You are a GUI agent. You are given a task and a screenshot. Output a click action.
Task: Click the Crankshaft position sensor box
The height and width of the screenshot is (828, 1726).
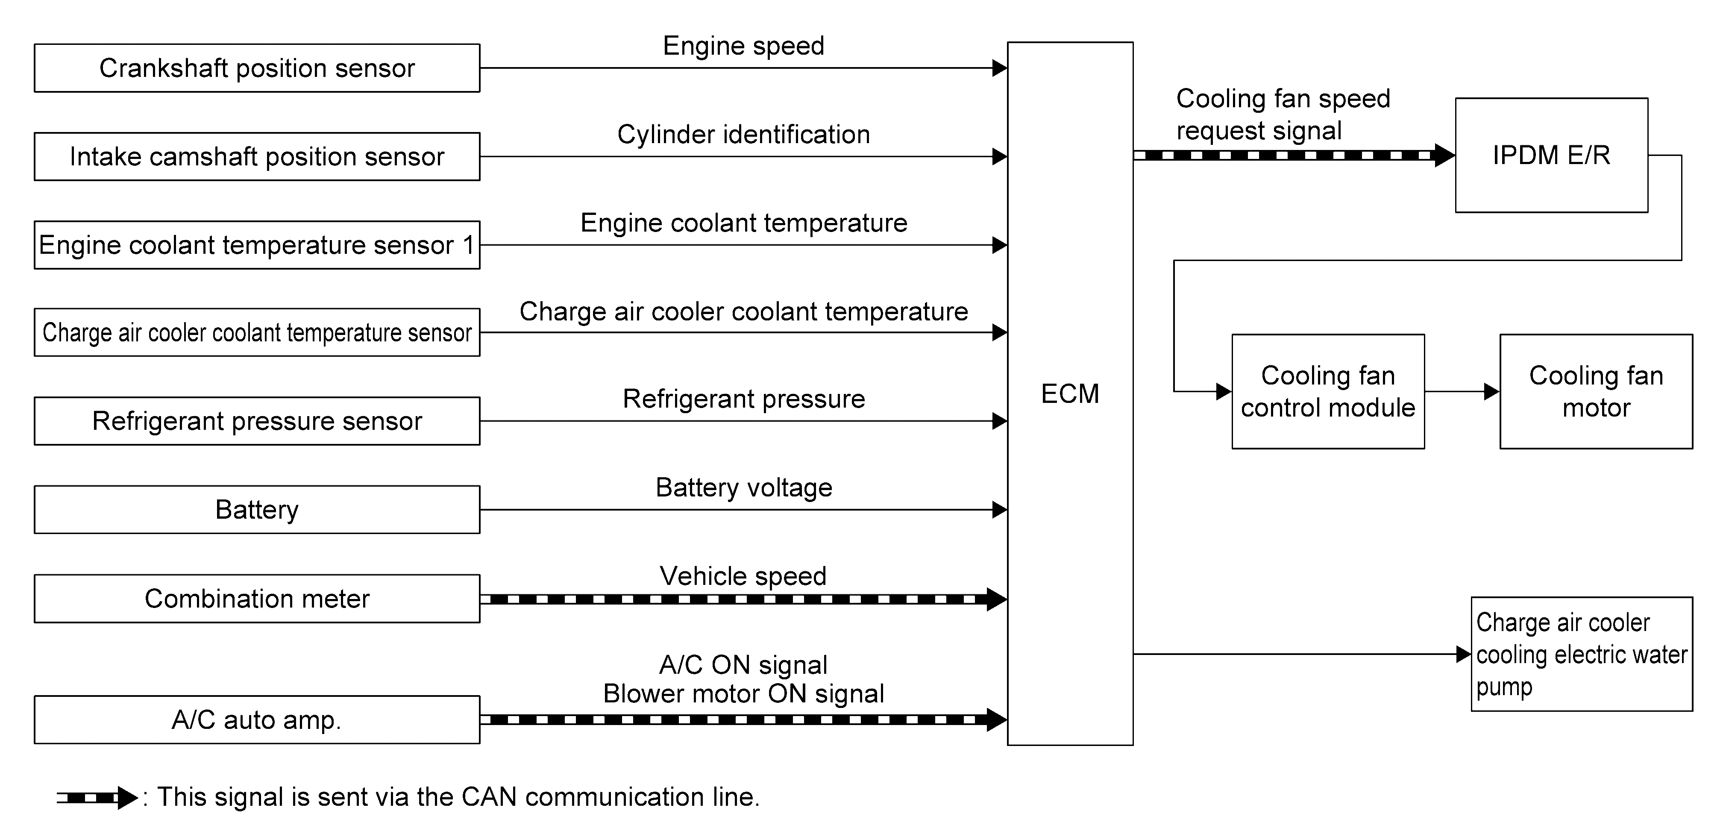point(257,68)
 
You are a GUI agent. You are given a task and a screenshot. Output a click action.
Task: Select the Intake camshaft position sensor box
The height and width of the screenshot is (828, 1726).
point(257,156)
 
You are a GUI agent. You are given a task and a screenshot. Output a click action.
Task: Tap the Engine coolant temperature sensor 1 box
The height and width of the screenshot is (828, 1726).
point(257,244)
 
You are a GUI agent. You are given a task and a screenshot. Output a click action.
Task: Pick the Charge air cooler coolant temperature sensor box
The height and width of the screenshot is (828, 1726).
point(257,332)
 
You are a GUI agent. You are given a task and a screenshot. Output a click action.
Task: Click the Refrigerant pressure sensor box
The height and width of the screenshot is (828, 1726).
point(257,421)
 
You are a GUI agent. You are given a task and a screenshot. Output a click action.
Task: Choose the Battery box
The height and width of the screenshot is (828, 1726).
point(257,509)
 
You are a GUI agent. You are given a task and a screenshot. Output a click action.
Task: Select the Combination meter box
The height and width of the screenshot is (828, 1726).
point(257,598)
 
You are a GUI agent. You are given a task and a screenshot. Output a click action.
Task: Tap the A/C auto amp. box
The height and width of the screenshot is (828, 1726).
point(257,719)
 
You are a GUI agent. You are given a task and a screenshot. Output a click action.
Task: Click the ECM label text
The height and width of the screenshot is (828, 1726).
point(1070,393)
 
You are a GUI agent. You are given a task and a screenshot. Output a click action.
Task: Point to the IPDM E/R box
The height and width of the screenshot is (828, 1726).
point(1552,156)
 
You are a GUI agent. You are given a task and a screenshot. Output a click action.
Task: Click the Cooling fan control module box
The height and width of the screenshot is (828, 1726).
point(1328,391)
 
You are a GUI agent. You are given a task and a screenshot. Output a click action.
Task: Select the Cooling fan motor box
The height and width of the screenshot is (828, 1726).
point(1596,391)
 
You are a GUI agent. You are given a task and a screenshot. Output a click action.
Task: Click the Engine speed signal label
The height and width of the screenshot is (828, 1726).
point(744,46)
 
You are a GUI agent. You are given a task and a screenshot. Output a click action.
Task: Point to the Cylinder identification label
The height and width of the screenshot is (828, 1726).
point(744,135)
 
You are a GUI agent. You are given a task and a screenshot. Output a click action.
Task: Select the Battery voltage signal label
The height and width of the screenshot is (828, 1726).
point(744,487)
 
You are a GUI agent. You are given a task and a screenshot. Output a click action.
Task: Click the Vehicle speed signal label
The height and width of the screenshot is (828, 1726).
point(743,576)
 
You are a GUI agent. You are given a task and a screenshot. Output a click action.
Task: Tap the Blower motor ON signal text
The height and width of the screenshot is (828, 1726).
point(744,694)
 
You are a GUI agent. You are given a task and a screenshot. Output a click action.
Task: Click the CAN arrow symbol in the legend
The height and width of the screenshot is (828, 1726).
point(97,798)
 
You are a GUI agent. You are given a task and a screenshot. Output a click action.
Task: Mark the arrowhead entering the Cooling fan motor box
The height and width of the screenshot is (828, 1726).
point(1492,391)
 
